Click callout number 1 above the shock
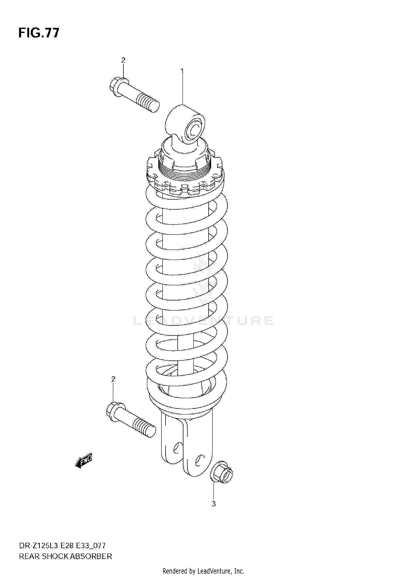(x=182, y=71)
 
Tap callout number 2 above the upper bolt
(x=123, y=60)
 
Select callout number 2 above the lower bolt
(x=113, y=379)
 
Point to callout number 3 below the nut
(x=214, y=504)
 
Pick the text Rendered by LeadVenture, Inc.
(x=203, y=571)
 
